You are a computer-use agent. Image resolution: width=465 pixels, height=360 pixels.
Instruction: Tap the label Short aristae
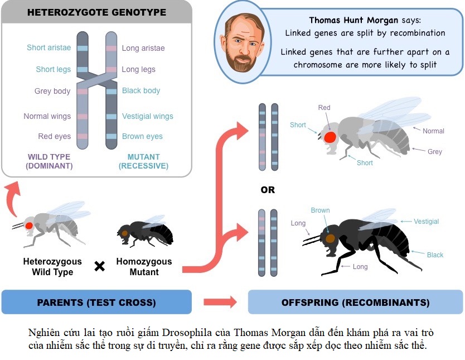(49, 48)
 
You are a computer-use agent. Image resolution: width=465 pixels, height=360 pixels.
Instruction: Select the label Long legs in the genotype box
(138, 70)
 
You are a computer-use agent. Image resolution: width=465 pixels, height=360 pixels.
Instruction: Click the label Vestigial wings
(147, 117)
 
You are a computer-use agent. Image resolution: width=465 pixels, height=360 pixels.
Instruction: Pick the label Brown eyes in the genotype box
(142, 137)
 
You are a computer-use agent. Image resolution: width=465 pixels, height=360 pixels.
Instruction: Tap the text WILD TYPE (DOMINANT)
(50, 161)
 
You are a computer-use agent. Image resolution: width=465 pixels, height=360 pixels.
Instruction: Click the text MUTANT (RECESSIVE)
(143, 161)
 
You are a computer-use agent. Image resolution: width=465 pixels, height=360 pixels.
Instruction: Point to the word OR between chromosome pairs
(268, 190)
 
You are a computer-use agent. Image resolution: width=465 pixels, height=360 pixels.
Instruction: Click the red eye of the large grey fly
(330, 137)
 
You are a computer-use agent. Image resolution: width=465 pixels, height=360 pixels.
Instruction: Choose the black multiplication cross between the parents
(99, 266)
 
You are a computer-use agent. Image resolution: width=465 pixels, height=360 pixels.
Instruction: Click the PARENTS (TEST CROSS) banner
(96, 303)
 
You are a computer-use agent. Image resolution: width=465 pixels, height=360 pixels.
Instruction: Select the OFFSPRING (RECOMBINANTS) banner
(355, 303)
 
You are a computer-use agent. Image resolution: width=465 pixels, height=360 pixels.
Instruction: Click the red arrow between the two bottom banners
(219, 303)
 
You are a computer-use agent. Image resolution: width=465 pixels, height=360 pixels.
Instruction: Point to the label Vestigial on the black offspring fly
(426, 222)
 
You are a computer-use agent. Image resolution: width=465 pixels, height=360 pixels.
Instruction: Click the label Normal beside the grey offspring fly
(433, 131)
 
